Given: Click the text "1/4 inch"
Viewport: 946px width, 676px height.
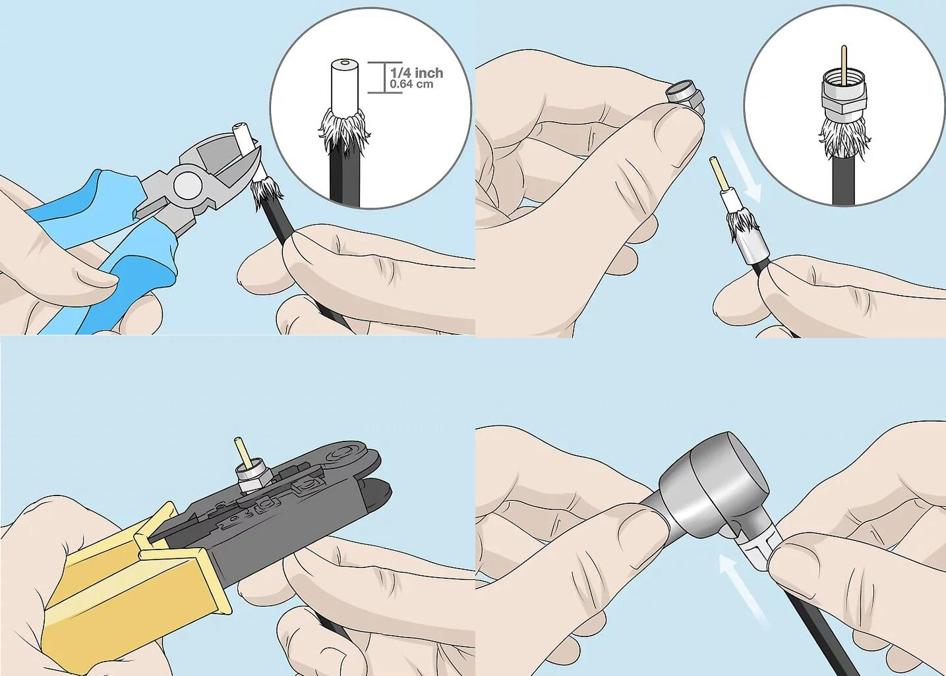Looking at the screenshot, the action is click(x=417, y=73).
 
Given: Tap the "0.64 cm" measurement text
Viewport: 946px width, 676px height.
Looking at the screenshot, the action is click(x=412, y=84).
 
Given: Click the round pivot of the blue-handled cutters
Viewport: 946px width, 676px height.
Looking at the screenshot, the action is click(x=187, y=185).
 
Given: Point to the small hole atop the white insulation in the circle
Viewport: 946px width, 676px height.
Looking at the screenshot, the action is click(x=345, y=64).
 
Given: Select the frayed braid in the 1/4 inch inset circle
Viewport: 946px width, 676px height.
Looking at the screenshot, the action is click(x=343, y=131).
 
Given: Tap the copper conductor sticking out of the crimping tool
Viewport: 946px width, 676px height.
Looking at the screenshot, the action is click(x=241, y=451).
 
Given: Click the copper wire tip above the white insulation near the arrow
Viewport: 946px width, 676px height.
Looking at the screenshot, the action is click(x=716, y=173).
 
